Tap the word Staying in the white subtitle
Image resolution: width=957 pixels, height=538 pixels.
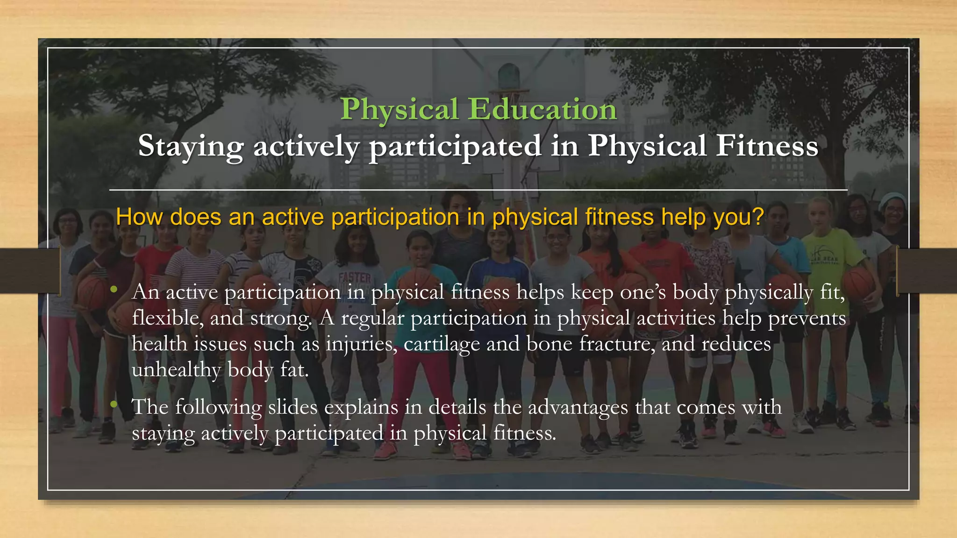click(x=191, y=146)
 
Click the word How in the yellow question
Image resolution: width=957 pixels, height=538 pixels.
click(x=139, y=217)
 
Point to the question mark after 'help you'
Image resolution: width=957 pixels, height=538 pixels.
click(x=757, y=217)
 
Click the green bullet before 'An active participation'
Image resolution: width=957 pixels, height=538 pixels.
click(x=114, y=290)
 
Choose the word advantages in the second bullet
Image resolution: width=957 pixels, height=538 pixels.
click(x=578, y=407)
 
